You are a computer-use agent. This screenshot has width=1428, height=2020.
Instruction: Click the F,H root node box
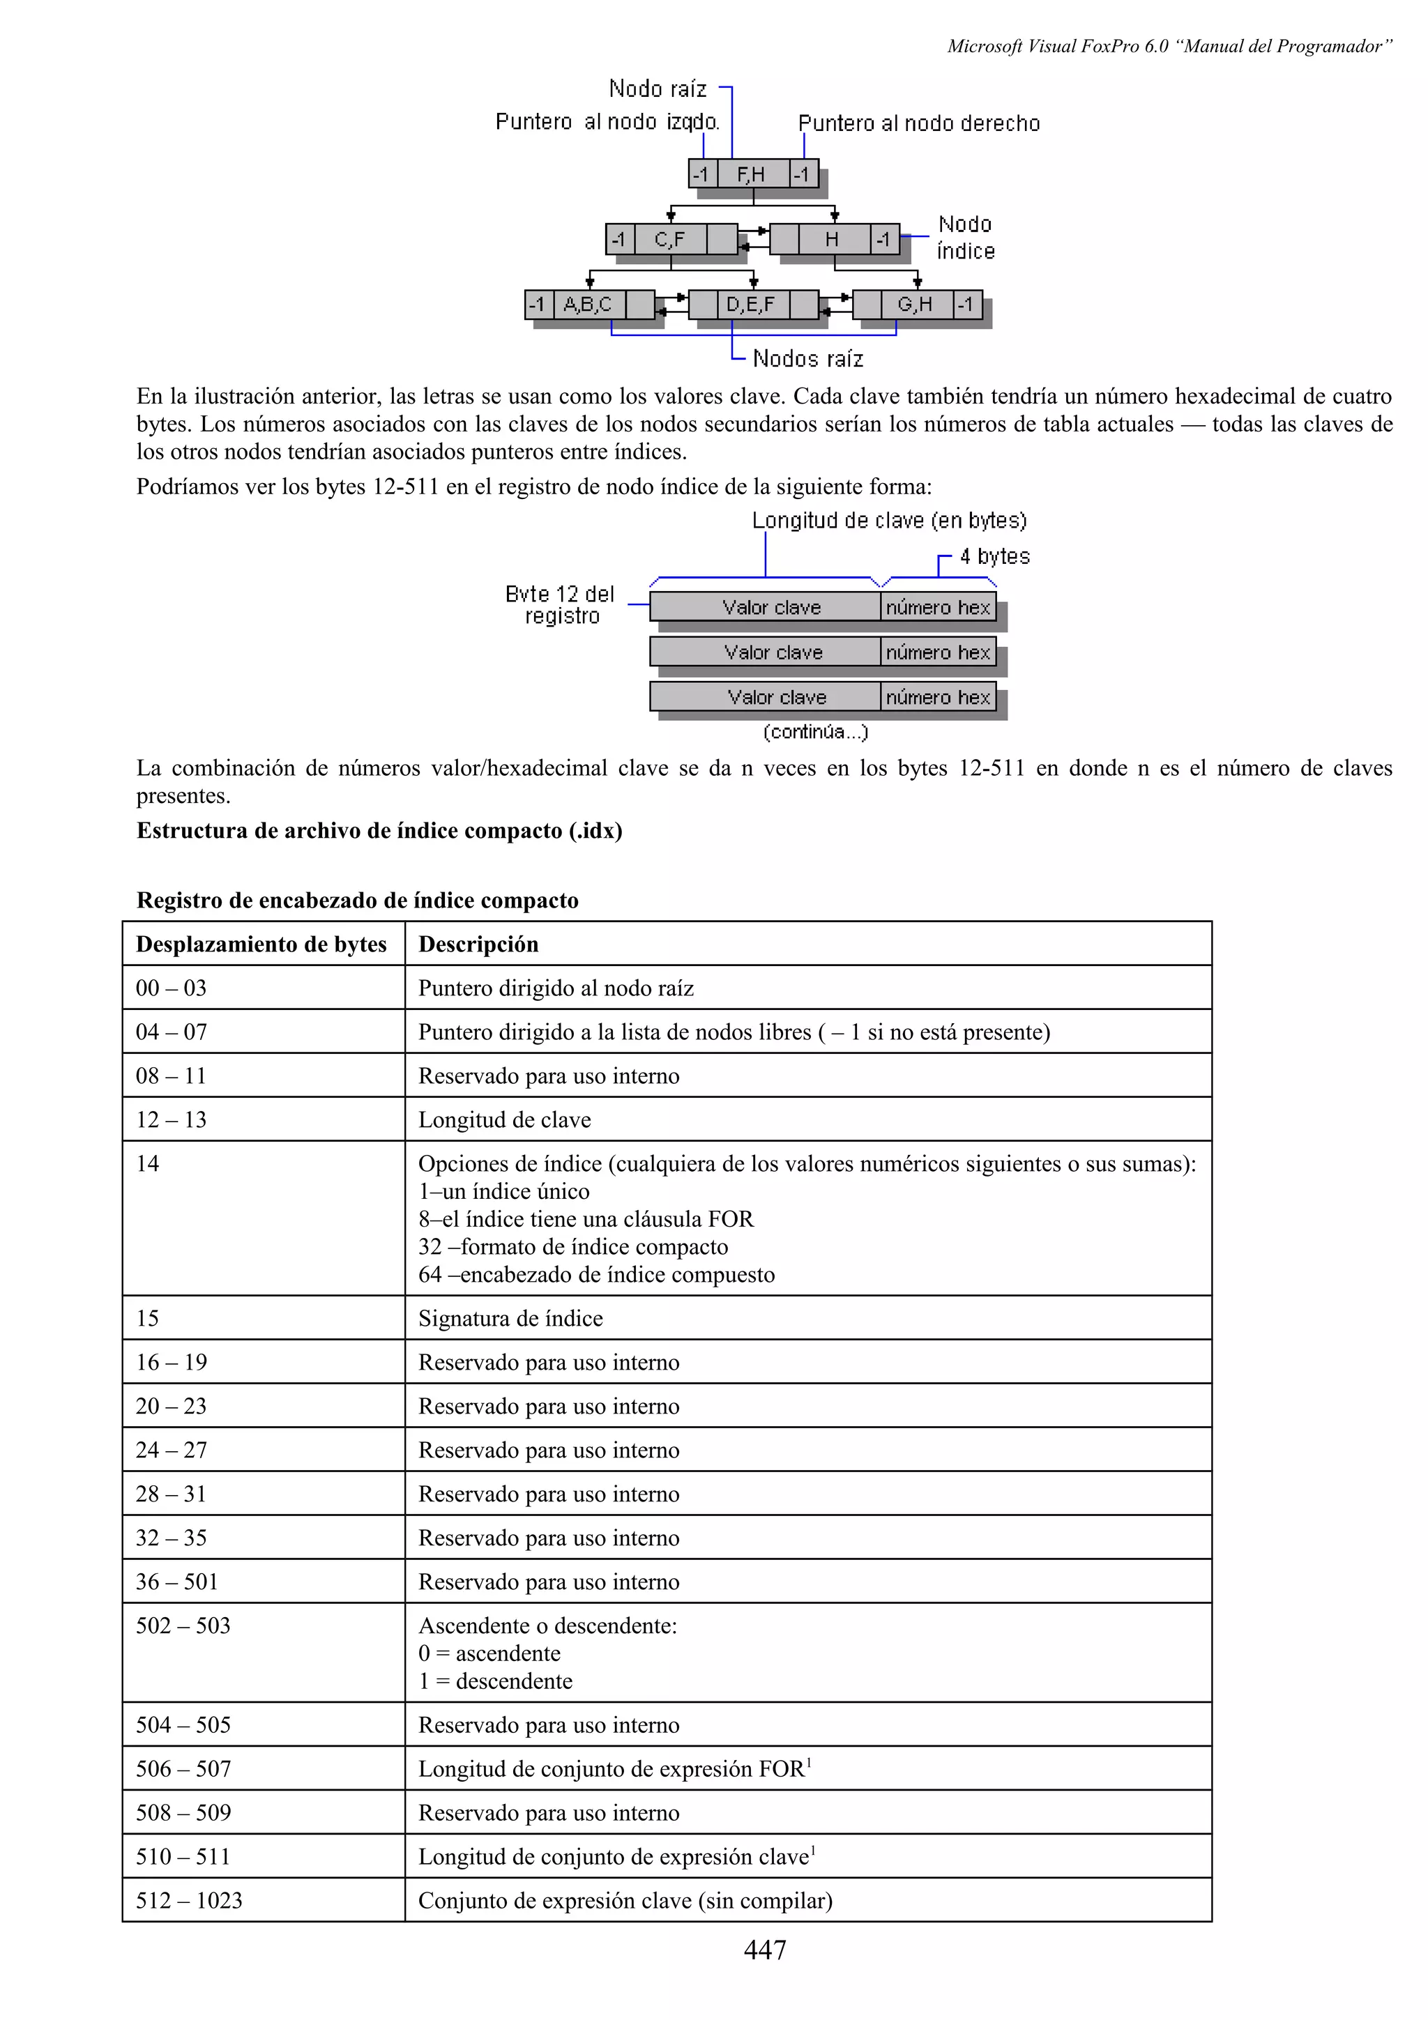(752, 174)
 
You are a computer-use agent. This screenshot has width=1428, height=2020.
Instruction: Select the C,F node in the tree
(669, 238)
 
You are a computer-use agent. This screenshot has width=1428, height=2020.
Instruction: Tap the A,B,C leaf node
(588, 305)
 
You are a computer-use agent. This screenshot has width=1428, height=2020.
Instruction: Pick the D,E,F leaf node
(752, 305)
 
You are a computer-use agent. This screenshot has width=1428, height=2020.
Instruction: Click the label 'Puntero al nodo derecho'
(918, 124)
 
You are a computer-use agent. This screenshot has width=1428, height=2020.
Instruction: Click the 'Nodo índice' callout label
(965, 238)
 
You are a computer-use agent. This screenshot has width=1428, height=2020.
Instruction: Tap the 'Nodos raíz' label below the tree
(807, 359)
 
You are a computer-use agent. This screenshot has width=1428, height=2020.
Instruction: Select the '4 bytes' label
(994, 556)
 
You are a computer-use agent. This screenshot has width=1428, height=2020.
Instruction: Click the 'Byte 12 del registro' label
(561, 604)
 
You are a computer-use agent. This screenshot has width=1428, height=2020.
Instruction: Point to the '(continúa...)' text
(816, 732)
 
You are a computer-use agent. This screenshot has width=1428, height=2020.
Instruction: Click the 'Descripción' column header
(478, 944)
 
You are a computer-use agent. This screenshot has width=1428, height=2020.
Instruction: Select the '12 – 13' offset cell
(171, 1119)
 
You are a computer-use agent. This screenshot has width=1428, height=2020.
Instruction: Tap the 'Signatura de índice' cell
(510, 1318)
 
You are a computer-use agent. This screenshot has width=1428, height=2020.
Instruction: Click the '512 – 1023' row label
(188, 1899)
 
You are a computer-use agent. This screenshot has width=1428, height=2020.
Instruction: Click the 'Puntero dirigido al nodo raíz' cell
(556, 988)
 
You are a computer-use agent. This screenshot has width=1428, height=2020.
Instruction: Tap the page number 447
(765, 1950)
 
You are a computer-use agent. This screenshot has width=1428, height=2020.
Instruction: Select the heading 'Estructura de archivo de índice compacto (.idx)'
(379, 831)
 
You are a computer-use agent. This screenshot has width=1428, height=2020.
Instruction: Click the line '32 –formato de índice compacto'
(572, 1247)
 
